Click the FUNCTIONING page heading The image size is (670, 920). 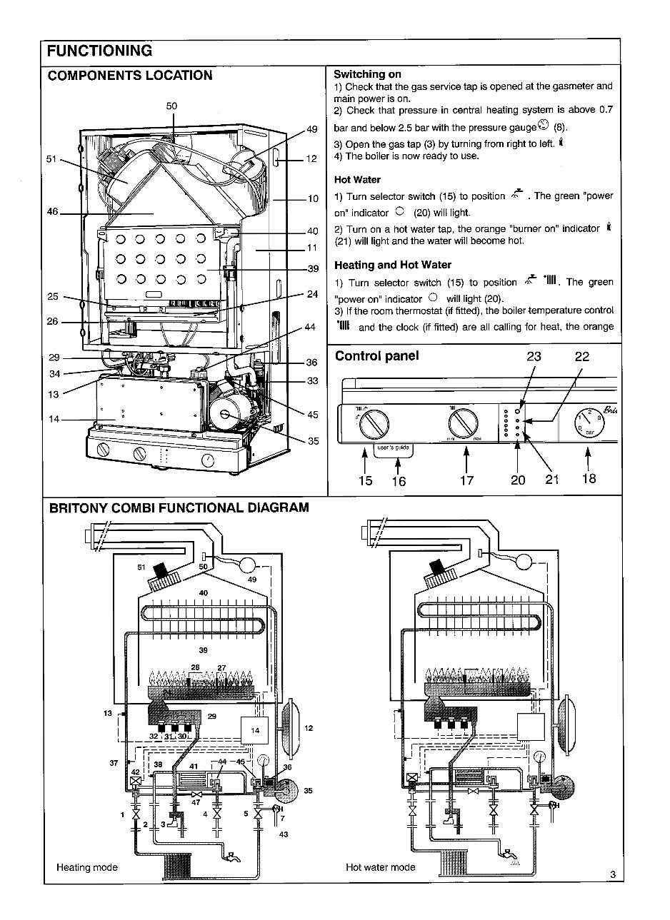tap(99, 51)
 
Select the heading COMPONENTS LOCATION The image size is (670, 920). tap(129, 76)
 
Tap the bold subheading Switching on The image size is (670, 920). tap(367, 74)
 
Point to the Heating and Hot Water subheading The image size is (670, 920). tap(393, 266)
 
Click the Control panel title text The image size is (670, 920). tap(376, 356)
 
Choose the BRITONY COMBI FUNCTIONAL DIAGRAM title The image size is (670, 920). tap(179, 508)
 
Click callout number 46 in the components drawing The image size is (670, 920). tap(53, 213)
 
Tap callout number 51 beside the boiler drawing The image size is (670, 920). tap(51, 159)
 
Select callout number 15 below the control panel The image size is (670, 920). tap(365, 480)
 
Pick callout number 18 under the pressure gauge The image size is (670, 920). tap(588, 479)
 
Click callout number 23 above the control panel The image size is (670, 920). tap(533, 358)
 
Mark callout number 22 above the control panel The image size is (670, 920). tap(581, 358)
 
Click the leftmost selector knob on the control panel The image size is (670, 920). tap(374, 425)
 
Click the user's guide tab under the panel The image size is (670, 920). tap(393, 448)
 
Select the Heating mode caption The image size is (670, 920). tap(86, 867)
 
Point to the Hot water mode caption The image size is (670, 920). tap(380, 867)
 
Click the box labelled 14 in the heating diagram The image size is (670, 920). tap(255, 730)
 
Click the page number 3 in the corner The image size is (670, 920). tap(613, 874)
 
